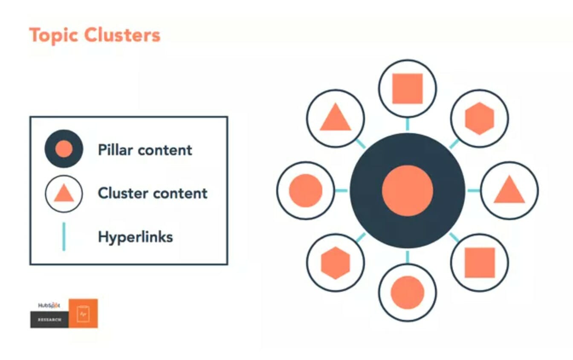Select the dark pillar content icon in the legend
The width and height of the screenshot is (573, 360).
point(64,149)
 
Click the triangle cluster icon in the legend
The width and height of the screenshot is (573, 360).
point(64,194)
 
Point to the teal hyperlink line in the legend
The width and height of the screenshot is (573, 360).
point(64,236)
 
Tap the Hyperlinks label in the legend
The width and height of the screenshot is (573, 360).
point(135,237)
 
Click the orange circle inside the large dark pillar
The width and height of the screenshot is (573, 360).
point(407,190)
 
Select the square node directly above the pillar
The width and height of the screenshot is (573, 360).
point(407,89)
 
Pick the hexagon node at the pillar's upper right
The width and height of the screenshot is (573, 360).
point(479,119)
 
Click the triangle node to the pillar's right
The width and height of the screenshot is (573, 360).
point(509,190)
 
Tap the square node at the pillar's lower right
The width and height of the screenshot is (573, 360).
point(479,262)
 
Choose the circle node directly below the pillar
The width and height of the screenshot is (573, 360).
point(407,292)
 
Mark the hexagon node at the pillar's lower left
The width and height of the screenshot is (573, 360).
point(336,262)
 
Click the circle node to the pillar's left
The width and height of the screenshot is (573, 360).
point(306,190)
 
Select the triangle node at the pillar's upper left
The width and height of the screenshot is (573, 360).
point(336,119)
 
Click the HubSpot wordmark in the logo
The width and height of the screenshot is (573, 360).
point(49,305)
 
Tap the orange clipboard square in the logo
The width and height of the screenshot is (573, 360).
point(83,314)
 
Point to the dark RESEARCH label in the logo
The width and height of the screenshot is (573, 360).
point(49,319)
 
